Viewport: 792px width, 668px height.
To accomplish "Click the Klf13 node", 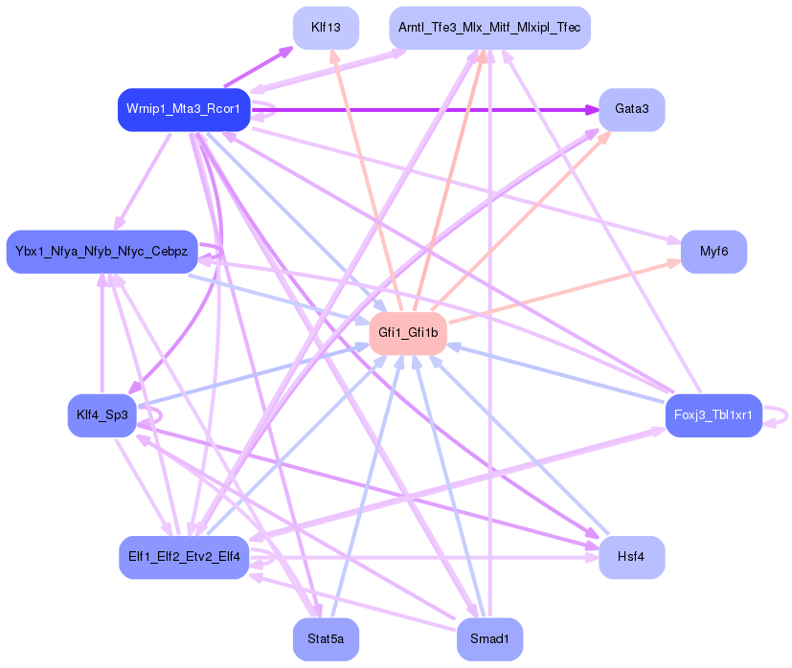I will (x=326, y=28).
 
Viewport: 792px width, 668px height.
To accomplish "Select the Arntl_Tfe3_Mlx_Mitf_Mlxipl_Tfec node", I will (x=489, y=28).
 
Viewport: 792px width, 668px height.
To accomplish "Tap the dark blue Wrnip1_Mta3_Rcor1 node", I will (x=184, y=110).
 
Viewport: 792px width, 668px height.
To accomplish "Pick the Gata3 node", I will (x=631, y=110).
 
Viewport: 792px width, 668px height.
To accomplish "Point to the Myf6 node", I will (x=713, y=252).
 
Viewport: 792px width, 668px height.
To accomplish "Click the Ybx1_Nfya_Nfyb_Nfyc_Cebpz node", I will (x=102, y=252).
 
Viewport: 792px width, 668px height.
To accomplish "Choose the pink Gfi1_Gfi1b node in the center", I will (x=408, y=333).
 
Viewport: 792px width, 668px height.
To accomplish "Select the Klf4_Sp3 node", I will (x=102, y=415).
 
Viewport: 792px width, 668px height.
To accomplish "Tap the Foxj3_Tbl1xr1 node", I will (x=713, y=415).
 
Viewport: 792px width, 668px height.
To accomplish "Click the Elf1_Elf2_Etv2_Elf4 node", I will (x=184, y=557).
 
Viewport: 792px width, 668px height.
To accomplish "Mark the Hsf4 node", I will (x=631, y=557).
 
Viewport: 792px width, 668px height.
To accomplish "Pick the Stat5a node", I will (x=326, y=639).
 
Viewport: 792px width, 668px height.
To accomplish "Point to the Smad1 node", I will (x=489, y=639).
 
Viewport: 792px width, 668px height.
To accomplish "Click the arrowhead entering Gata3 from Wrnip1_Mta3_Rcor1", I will (x=592, y=110).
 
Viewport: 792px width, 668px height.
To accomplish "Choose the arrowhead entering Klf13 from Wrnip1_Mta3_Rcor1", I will (x=287, y=50).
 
